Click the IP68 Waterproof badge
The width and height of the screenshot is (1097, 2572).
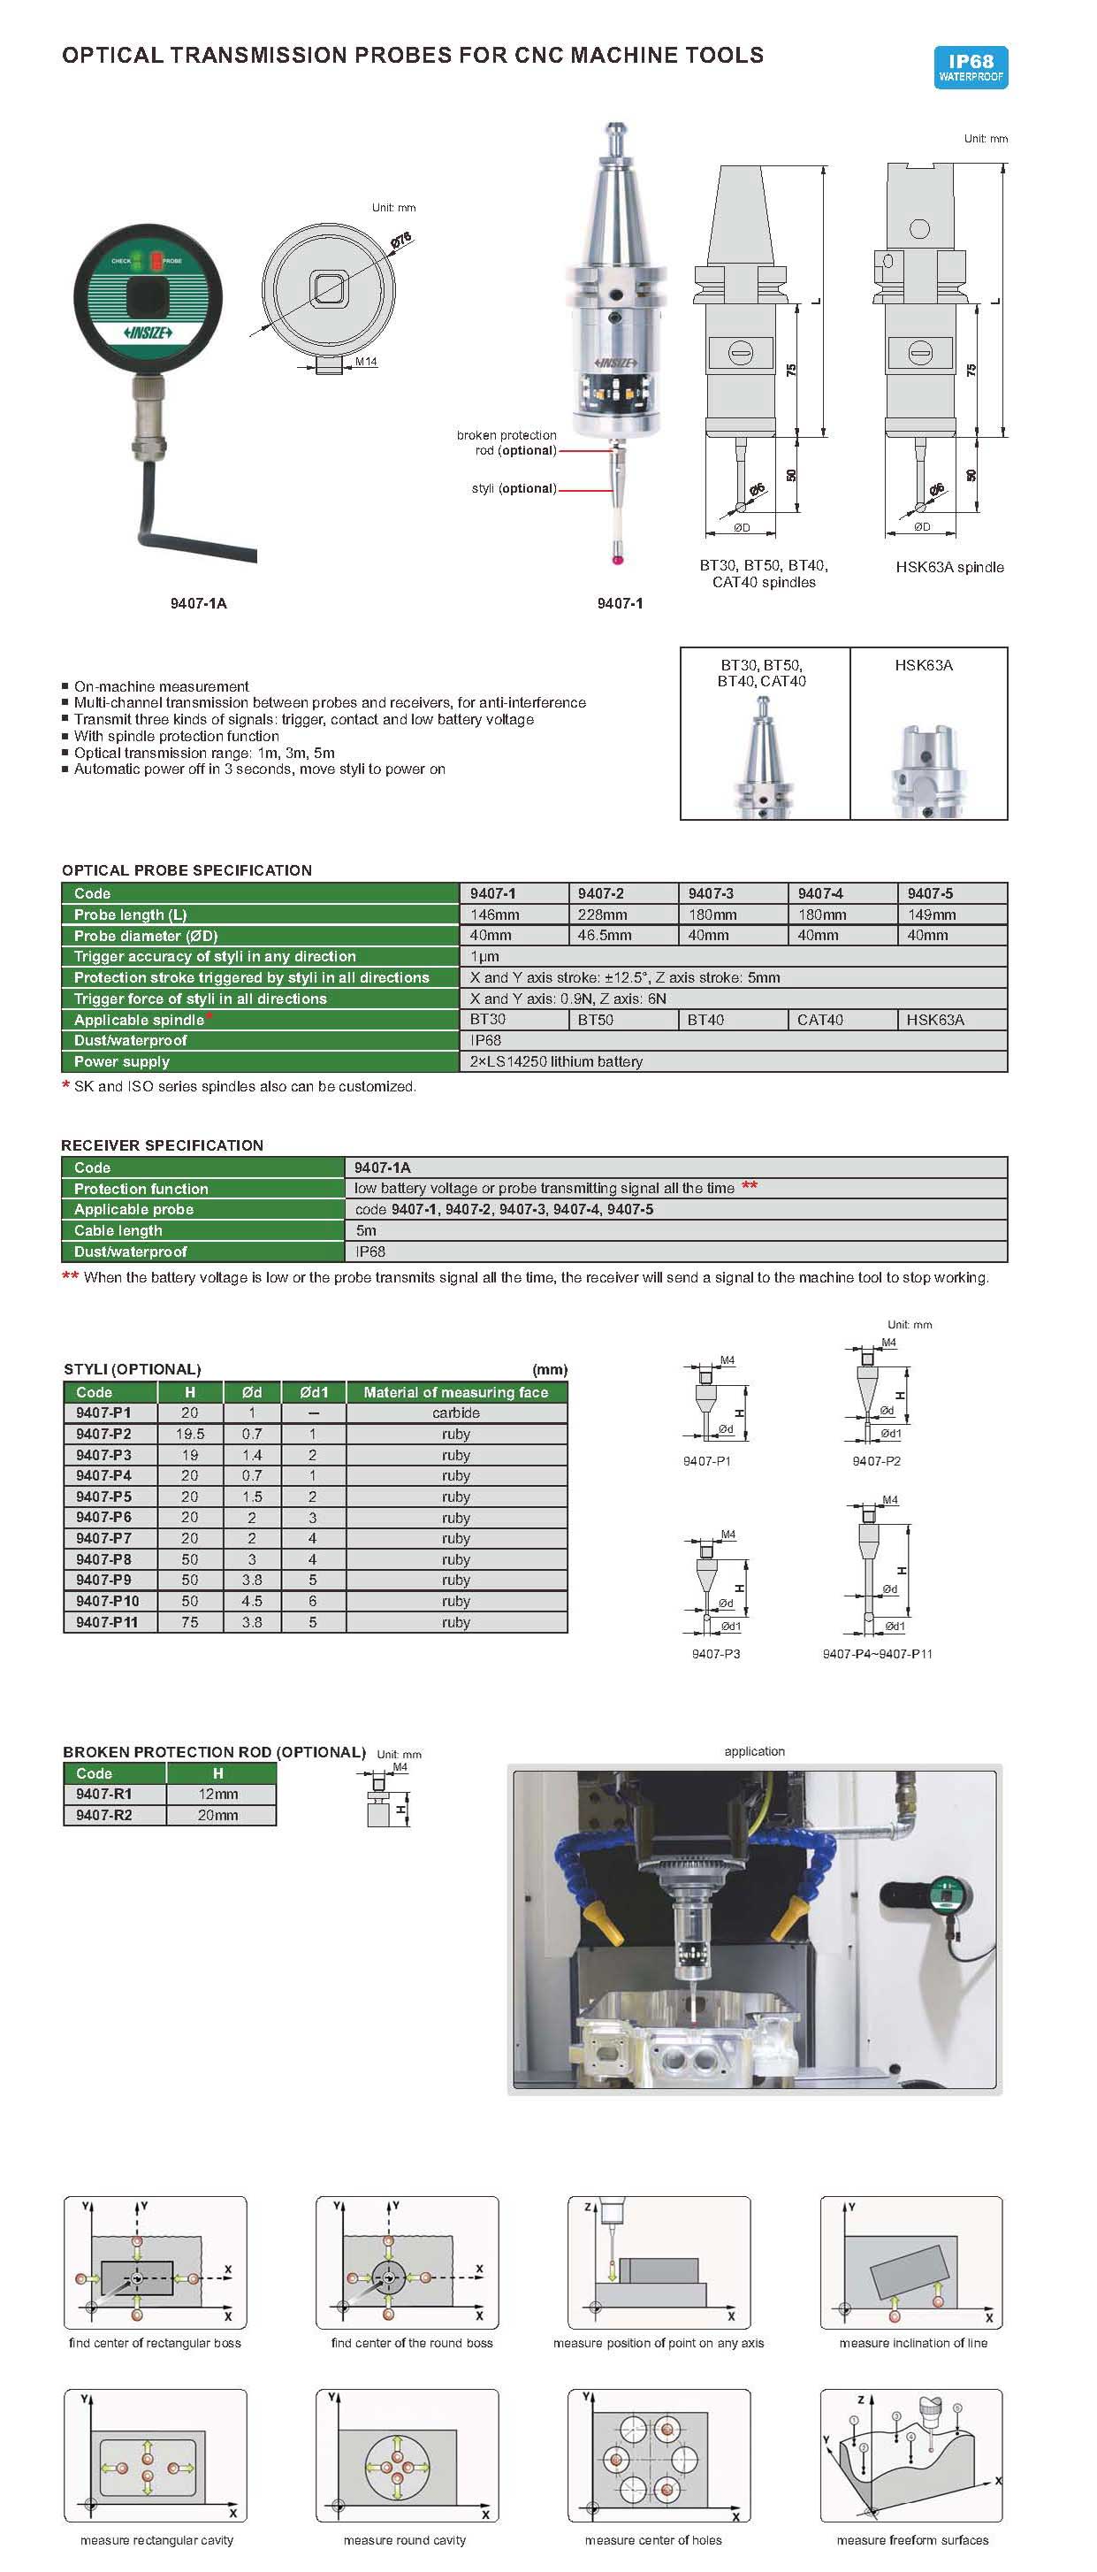click(971, 68)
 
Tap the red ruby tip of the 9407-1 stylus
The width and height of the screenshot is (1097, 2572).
click(618, 560)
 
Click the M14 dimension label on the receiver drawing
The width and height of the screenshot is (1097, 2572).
click(366, 362)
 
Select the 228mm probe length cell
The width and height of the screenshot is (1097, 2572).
click(603, 915)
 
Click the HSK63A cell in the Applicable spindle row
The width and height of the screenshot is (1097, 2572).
click(934, 1020)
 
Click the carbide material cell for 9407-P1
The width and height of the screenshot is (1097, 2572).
click(456, 1412)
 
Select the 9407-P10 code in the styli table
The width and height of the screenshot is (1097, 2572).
click(108, 1601)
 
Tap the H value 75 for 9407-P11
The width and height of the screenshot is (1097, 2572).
click(190, 1622)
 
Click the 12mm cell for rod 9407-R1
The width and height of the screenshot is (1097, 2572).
click(218, 1795)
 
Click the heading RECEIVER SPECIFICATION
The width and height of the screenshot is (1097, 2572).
click(163, 1145)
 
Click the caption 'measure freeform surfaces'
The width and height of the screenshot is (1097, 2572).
click(912, 2540)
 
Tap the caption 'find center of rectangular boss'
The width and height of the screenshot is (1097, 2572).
click(155, 2342)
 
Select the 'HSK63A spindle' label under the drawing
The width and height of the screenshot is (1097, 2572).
click(949, 567)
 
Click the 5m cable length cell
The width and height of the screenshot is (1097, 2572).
click(366, 1230)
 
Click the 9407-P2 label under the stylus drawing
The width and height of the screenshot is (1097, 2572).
click(876, 1461)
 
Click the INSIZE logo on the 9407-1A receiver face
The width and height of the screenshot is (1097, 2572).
click(148, 333)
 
